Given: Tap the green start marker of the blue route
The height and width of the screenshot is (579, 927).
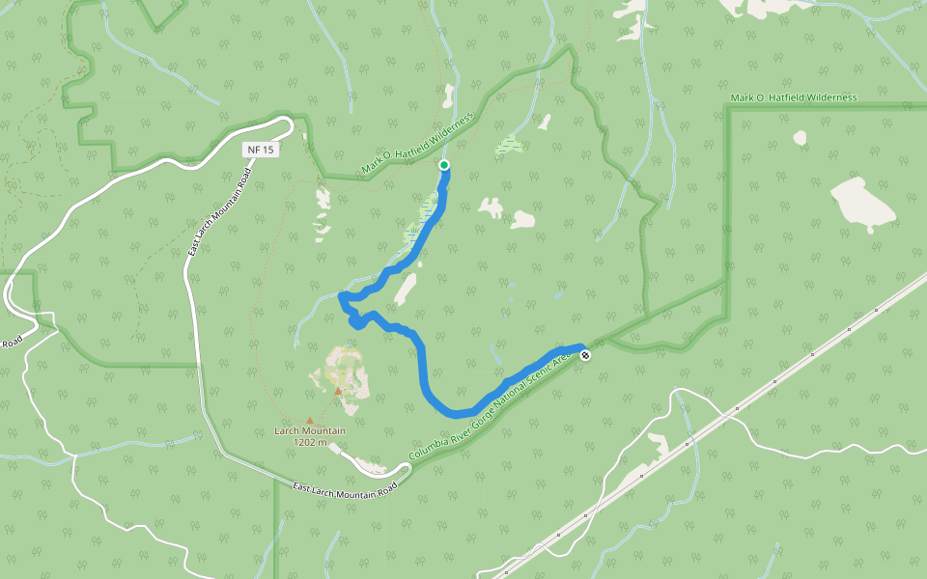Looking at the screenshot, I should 444,165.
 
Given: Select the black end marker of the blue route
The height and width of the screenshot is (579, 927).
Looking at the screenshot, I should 585,355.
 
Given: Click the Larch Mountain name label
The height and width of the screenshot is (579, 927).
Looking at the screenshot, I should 309,431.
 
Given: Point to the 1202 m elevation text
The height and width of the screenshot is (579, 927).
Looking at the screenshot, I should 311,443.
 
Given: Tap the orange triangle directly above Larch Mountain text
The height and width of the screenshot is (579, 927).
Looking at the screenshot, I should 309,420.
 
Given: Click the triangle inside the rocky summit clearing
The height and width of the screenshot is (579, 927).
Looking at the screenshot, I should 337,391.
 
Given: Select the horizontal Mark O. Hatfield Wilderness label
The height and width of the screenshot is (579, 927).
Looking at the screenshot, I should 794,97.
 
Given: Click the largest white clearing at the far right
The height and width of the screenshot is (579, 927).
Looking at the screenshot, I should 862,204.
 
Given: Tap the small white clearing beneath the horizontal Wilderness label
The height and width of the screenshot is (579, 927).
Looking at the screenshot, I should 800,138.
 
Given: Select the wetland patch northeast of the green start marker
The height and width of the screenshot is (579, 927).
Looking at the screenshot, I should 508,146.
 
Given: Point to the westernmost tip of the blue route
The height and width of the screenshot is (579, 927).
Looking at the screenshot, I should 341,295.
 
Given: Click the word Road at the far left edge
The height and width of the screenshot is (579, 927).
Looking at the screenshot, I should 11,344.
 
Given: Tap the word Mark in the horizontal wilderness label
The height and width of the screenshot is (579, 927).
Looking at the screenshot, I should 742,97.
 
